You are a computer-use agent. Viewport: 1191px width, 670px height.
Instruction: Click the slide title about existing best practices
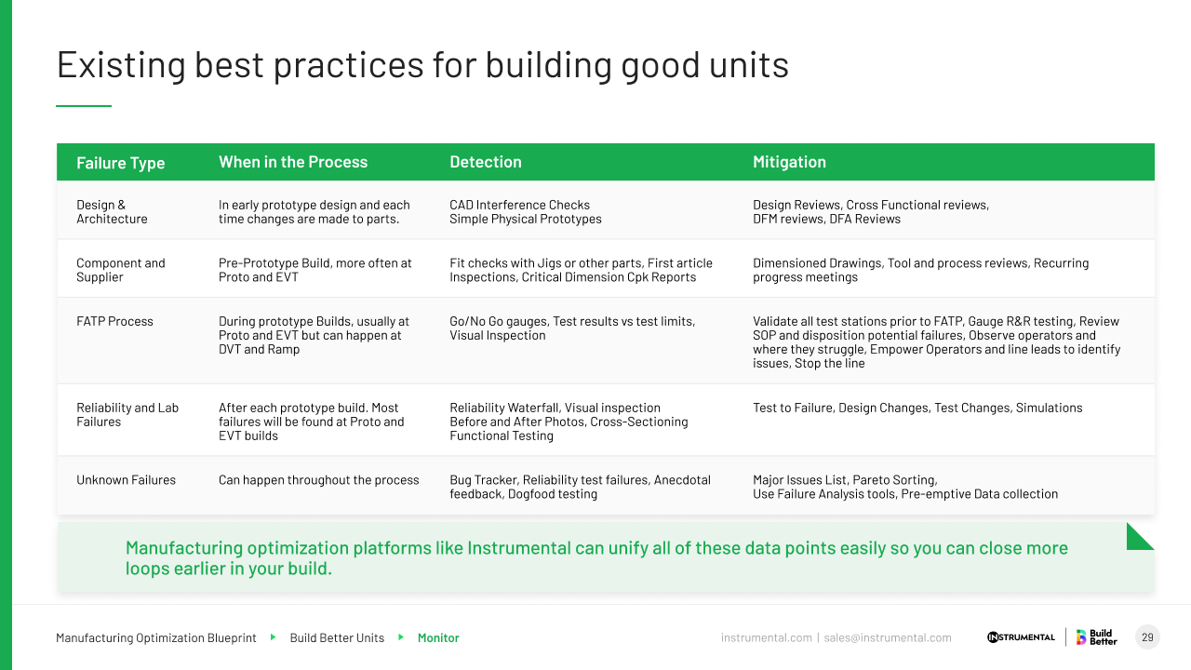[422, 65]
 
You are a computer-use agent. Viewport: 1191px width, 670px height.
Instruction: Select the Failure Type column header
[120, 163]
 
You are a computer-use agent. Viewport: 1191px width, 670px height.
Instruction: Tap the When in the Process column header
[293, 162]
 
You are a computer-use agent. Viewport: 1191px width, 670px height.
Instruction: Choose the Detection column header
[486, 162]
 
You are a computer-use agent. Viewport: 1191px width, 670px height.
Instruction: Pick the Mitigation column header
[789, 162]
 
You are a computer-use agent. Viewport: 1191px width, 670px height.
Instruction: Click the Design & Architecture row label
[112, 212]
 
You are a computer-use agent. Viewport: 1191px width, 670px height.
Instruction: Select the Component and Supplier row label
[120, 270]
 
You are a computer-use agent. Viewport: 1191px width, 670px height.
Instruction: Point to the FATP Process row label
[114, 321]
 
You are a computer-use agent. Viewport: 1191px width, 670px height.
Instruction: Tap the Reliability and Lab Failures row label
[127, 415]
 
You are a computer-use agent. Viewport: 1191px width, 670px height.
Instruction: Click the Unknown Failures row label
[126, 480]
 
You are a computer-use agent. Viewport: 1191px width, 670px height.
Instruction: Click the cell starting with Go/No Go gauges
[572, 328]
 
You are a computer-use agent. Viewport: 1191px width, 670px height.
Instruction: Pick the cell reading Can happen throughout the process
[318, 480]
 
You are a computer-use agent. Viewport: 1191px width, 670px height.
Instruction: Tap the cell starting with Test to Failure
[917, 408]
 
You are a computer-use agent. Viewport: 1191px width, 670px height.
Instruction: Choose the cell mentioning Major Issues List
[904, 487]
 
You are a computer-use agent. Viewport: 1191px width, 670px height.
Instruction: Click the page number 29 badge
[1147, 637]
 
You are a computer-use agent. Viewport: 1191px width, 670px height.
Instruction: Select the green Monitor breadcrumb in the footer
[438, 638]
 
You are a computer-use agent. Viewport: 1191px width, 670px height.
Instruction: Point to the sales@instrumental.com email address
[888, 638]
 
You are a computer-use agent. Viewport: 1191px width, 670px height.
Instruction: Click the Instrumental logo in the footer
[1021, 637]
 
